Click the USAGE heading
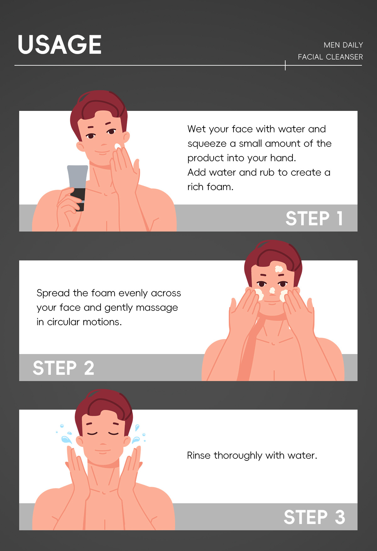[60, 45]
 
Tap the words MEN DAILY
[343, 45]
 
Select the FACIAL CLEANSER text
[331, 57]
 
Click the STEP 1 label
[314, 218]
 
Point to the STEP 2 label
[63, 368]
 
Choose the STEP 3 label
[314, 517]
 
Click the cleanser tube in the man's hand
[78, 188]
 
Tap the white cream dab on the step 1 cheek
[117, 146]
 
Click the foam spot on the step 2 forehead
[279, 269]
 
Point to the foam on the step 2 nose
[272, 291]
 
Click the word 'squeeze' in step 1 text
[207, 144]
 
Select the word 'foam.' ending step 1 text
[220, 187]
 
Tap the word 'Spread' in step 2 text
[53, 293]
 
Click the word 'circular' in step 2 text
[63, 322]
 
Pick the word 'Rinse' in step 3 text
[199, 456]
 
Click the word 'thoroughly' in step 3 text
[238, 456]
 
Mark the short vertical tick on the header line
[285, 65]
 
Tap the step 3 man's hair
[104, 405]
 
